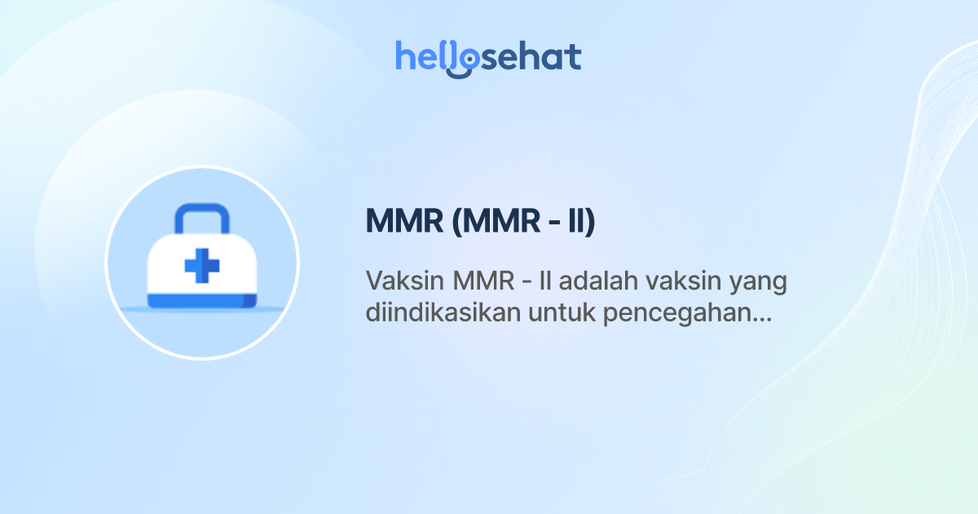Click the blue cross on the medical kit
click(201, 267)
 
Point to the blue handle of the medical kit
click(200, 214)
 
